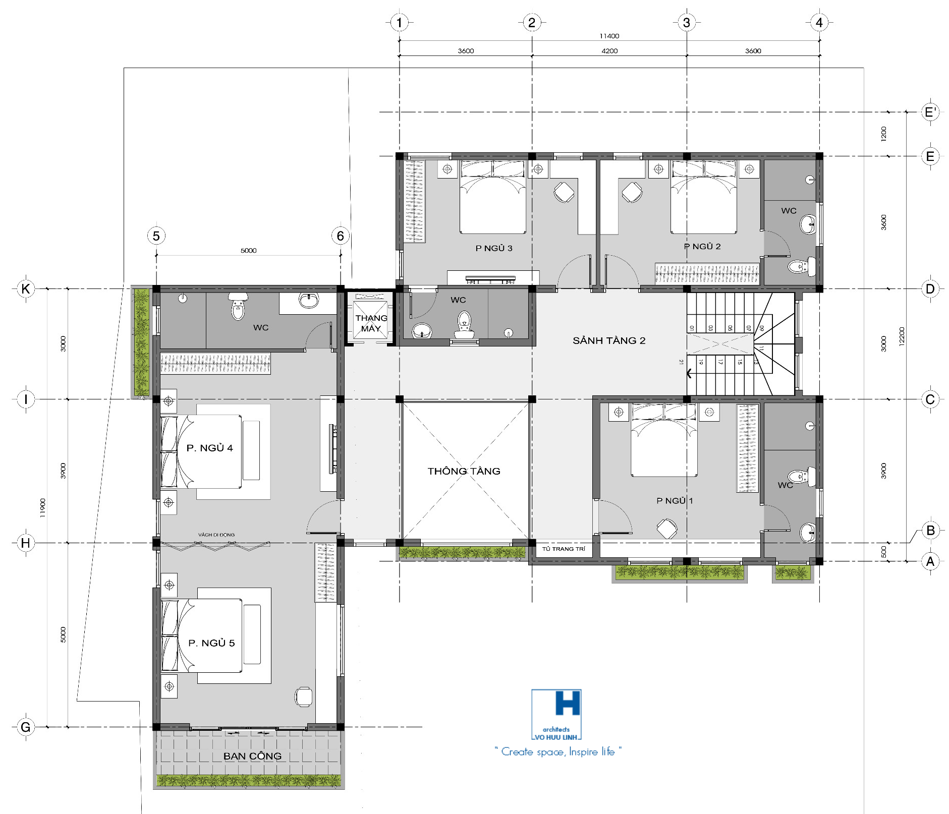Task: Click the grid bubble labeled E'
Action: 930,112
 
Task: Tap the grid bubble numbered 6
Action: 341,236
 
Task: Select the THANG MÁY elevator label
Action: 371,323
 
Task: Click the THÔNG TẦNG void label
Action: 464,471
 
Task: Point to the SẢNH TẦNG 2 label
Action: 609,340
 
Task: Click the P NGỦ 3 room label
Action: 494,248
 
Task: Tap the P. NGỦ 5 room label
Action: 211,643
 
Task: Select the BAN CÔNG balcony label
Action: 252,756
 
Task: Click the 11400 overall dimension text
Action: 609,36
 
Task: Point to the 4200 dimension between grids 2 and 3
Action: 609,51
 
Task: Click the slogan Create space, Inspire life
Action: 558,751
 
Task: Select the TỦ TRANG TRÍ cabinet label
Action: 564,549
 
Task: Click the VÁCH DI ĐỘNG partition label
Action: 216,535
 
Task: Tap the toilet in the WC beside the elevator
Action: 464,324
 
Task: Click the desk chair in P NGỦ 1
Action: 666,529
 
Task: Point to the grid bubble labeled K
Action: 26,289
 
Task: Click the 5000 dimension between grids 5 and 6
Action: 248,250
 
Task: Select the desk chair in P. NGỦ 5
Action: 304,696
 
